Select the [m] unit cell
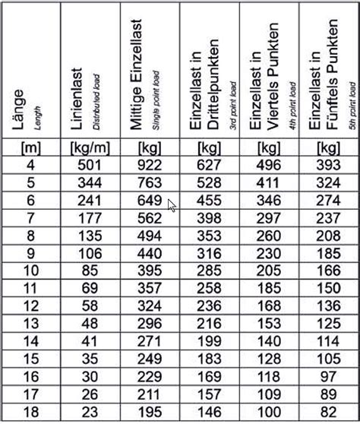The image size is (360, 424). [x=31, y=147]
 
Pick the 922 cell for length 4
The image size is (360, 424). [x=149, y=165]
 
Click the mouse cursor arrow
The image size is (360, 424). [x=173, y=205]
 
